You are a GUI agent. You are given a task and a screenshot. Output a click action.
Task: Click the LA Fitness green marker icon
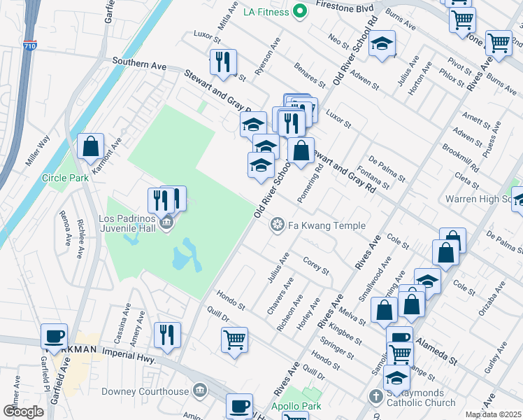(x=300, y=10)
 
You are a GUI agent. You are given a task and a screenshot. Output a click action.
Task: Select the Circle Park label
(x=65, y=178)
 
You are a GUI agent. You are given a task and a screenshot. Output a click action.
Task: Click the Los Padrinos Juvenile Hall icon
(x=166, y=224)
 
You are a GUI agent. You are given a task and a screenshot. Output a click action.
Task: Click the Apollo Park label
(x=294, y=405)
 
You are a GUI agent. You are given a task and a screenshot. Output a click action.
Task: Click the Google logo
(x=24, y=411)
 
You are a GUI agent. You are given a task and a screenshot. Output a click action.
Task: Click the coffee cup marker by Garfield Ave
(x=54, y=337)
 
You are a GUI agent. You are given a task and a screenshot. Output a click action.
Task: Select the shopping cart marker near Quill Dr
(x=234, y=339)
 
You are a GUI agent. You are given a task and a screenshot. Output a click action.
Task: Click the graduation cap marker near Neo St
(x=382, y=43)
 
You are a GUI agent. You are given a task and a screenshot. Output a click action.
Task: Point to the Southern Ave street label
(x=140, y=64)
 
